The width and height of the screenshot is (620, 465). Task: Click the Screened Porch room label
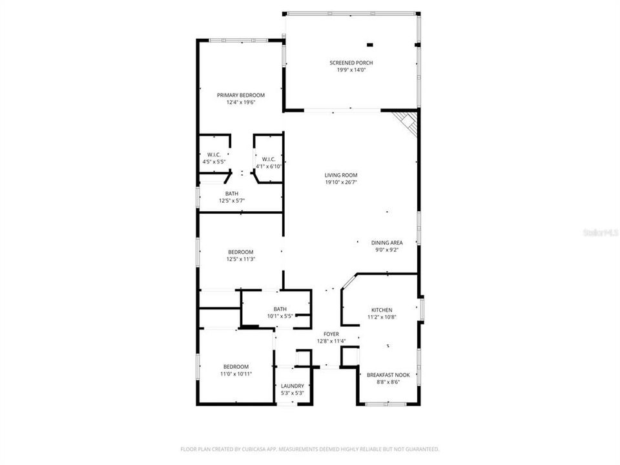[351, 63]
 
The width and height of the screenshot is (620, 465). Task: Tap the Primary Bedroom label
[240, 95]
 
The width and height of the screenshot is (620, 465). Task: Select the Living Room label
[341, 175]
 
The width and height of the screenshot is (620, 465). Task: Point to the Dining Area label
[387, 243]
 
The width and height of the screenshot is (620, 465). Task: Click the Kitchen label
[381, 310]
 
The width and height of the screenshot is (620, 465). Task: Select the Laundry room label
[293, 386]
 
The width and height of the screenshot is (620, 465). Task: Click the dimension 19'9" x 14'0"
[351, 70]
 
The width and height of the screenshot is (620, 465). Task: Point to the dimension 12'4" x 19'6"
[240, 102]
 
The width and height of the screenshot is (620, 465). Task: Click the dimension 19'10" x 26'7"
[341, 182]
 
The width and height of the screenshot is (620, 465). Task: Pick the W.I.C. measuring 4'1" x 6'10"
[269, 162]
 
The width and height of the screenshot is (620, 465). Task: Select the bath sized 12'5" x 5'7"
[231, 197]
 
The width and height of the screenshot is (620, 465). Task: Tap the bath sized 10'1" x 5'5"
[280, 313]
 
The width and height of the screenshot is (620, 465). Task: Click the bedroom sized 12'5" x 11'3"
[240, 255]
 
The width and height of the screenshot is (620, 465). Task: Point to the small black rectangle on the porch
[370, 45]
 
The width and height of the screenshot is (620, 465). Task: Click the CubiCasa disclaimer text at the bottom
[310, 449]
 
